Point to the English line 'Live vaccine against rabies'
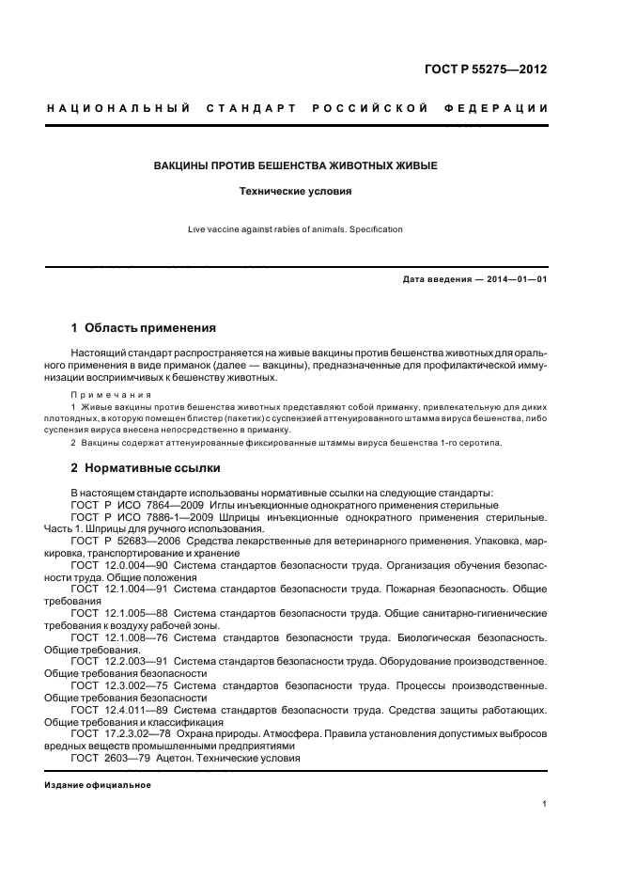point(295,228)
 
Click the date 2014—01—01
point(517,279)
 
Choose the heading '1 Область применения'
point(144,328)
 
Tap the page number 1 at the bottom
point(545,804)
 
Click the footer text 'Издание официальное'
point(98,784)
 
